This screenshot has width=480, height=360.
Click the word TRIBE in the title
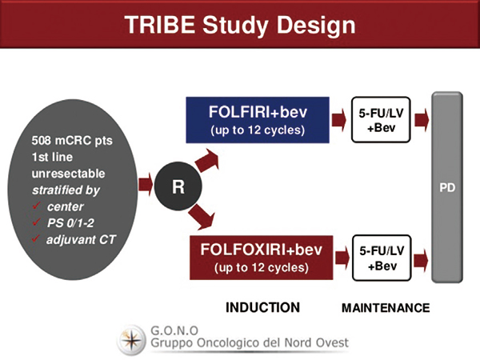160,25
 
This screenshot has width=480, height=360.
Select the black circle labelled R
178,186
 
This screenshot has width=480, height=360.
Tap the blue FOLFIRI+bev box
258,120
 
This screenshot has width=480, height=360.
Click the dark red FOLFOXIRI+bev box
261,258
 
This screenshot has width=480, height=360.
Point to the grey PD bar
447,187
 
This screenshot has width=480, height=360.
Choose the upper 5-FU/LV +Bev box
381,120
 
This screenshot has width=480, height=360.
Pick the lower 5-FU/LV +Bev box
382,258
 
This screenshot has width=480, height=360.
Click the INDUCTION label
262,307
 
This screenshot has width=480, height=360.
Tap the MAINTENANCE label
386,308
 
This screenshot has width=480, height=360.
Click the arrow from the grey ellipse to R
146,185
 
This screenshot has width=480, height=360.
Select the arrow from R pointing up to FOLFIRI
207,160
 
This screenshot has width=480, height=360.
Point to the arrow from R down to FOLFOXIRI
202,217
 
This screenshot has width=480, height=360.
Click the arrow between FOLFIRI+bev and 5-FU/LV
339,120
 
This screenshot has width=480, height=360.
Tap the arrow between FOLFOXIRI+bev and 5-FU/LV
342,258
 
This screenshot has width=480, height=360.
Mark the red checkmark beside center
37,206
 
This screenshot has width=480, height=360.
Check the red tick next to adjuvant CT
36,238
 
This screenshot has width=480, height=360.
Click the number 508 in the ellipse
42,141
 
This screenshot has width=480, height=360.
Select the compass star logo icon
131,340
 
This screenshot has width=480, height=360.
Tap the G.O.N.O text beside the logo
174,330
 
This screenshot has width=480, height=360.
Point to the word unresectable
68,174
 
